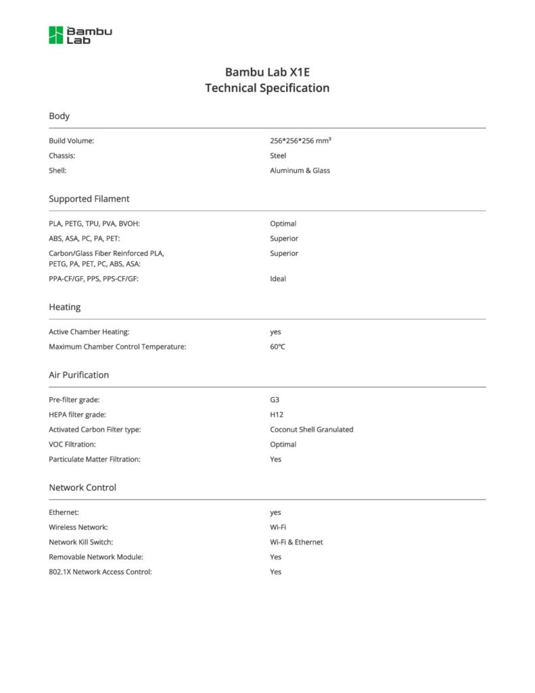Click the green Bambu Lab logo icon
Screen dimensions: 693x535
(x=55, y=35)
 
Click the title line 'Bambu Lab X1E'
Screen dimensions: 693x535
(x=267, y=72)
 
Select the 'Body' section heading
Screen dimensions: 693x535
(x=59, y=116)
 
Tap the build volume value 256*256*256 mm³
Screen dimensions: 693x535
(x=300, y=141)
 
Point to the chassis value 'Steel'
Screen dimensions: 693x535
(x=278, y=156)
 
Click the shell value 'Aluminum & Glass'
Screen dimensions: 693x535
(x=300, y=171)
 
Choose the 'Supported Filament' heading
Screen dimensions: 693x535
(x=89, y=199)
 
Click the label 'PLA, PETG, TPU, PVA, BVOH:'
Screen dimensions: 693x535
(x=94, y=223)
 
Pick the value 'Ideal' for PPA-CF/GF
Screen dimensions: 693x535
(x=278, y=279)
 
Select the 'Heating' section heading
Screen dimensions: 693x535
(x=64, y=307)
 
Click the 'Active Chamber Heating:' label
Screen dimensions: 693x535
(x=89, y=332)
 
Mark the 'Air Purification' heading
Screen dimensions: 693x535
(x=78, y=375)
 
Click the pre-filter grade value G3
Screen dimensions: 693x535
(x=275, y=399)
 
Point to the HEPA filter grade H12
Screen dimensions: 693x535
(x=276, y=414)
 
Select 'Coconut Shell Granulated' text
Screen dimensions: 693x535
(x=311, y=429)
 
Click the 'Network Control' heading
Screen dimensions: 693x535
(x=83, y=487)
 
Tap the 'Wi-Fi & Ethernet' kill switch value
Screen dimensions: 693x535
(x=296, y=542)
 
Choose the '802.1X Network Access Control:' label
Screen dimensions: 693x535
(x=100, y=572)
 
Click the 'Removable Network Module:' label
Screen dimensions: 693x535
(x=96, y=557)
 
